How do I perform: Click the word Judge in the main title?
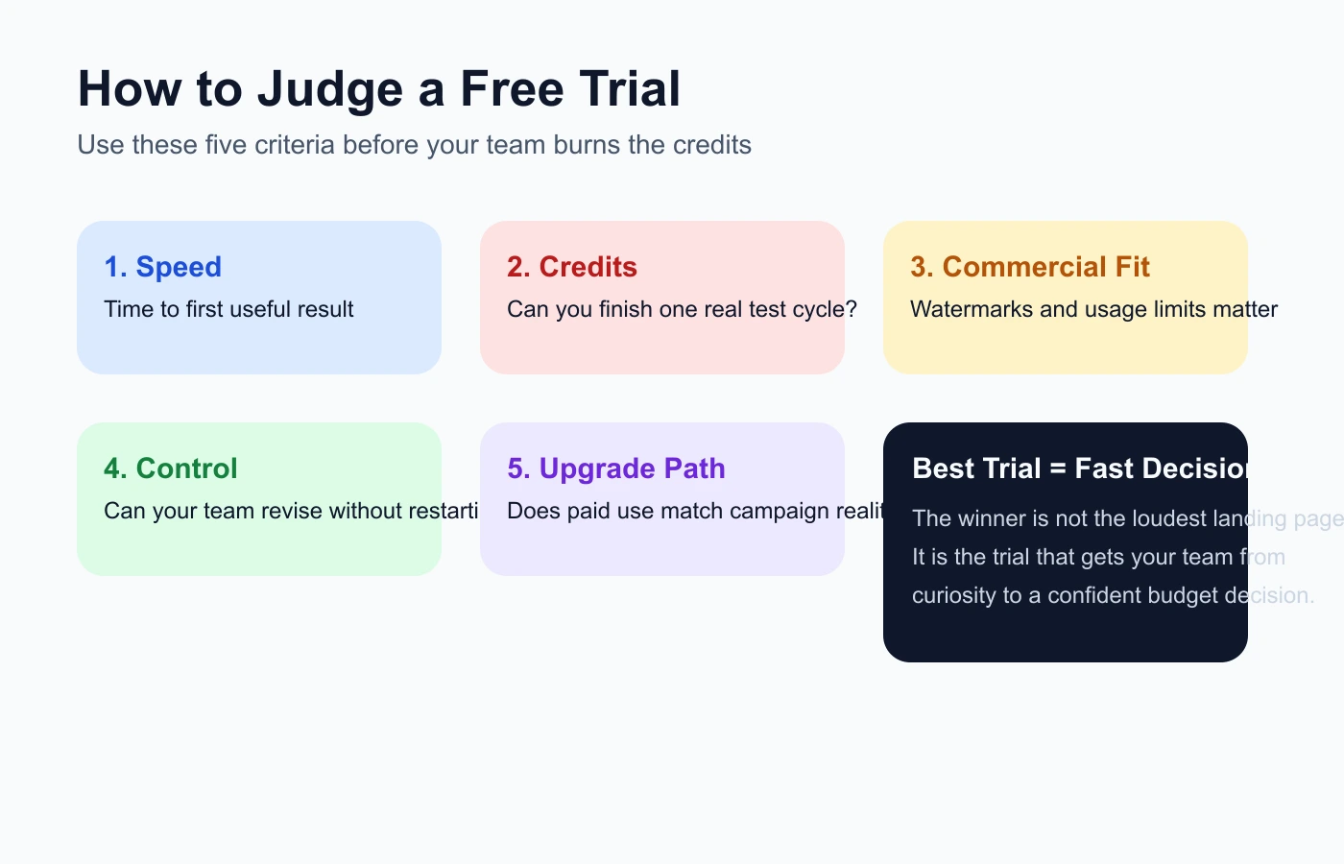pyautogui.click(x=329, y=89)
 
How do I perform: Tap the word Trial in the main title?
pyautogui.click(x=630, y=89)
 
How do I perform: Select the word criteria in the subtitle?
pyautogui.click(x=295, y=145)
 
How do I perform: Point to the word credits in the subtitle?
pyautogui.click(x=711, y=145)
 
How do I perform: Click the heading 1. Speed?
pyautogui.click(x=163, y=267)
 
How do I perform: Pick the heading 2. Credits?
pyautogui.click(x=572, y=267)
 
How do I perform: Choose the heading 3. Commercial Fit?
pyautogui.click(x=1030, y=267)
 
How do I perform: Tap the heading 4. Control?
pyautogui.click(x=171, y=468)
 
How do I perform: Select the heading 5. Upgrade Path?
pyautogui.click(x=616, y=468)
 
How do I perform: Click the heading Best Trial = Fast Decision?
pyautogui.click(x=1079, y=468)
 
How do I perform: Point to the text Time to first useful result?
pyautogui.click(x=228, y=309)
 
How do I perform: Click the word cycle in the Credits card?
pyautogui.click(x=816, y=309)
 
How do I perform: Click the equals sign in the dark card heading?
pyautogui.click(x=1058, y=468)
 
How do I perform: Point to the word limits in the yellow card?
pyautogui.click(x=1182, y=309)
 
